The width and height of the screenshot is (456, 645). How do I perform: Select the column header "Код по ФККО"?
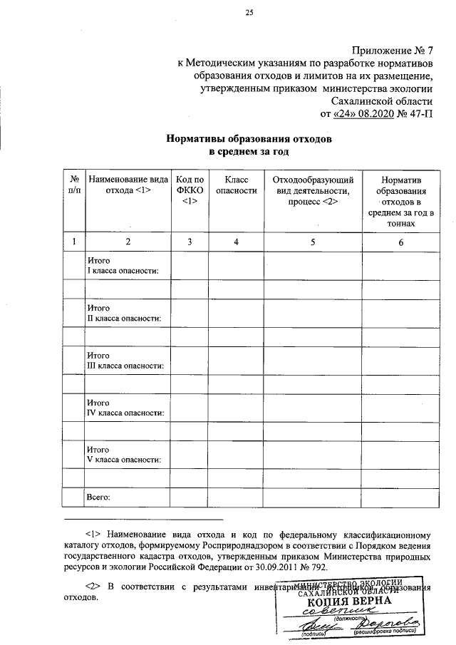(x=190, y=191)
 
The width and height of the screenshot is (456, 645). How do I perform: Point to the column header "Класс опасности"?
(x=236, y=185)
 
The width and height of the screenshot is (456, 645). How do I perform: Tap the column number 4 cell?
(x=236, y=242)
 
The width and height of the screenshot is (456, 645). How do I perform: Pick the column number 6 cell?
(x=400, y=242)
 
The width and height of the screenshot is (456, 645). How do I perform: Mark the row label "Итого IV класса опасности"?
(x=125, y=408)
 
